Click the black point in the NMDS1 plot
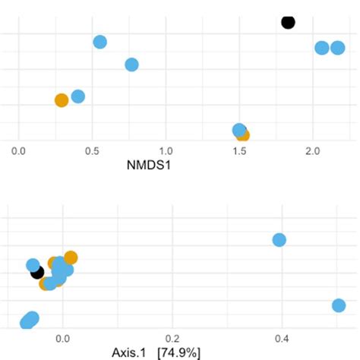pos(288,22)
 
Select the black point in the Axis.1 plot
pos(36,272)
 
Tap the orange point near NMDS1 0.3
pos(62,99)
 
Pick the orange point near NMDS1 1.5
pos(243,135)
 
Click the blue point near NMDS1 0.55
pos(99,42)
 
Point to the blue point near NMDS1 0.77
pos(131,65)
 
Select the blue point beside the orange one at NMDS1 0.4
pos(77,96)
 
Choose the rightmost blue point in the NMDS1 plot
pos(338,48)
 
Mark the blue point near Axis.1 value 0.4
pos(279,240)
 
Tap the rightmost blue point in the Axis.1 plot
pos(339,305)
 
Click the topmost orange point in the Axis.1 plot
pos(71,257)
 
